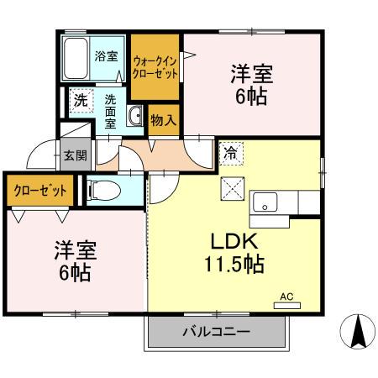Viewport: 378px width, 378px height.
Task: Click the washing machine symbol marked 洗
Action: pyautogui.click(x=81, y=100)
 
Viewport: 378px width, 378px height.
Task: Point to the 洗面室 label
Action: pyautogui.click(x=110, y=110)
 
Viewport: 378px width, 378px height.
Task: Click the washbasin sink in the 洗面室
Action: pyautogui.click(x=135, y=117)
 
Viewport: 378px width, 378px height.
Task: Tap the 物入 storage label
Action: pyautogui.click(x=163, y=119)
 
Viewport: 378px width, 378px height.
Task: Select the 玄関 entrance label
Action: pyautogui.click(x=72, y=155)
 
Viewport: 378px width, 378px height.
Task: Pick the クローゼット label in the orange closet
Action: pyautogui.click(x=39, y=190)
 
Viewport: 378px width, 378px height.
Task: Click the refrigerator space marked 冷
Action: pyautogui.click(x=231, y=155)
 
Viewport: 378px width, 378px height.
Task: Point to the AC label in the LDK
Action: pyautogui.click(x=286, y=296)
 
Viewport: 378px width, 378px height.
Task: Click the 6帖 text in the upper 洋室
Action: pyautogui.click(x=249, y=97)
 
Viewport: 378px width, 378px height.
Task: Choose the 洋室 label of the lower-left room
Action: pyautogui.click(x=75, y=249)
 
